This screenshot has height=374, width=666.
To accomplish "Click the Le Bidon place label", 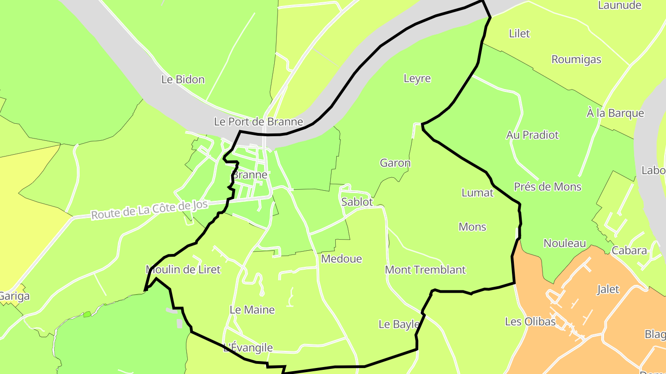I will click(183, 79).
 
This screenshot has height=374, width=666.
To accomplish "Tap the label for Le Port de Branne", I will click(258, 122).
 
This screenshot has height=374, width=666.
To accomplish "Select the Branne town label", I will click(250, 175).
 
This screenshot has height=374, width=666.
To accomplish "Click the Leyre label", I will click(417, 78).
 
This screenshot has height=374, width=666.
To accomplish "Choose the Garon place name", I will click(395, 163).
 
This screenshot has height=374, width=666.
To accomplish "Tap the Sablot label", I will click(357, 202).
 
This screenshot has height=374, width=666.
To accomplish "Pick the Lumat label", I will click(477, 193).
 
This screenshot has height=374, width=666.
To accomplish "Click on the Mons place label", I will click(472, 227).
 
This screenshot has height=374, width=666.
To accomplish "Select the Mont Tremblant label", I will click(425, 270).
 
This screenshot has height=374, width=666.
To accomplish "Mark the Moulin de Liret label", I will click(183, 269).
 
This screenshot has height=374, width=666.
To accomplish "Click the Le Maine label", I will click(252, 310).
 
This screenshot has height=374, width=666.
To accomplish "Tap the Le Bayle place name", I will click(399, 324).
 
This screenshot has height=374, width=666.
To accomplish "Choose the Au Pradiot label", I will click(532, 135).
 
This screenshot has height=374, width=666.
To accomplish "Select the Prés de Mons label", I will click(548, 187).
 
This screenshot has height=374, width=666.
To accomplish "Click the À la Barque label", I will click(615, 113).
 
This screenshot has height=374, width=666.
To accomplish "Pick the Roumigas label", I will click(576, 60).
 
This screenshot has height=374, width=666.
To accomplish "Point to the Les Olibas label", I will click(530, 321).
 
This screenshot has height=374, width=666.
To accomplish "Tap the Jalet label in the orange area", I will click(608, 290).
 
